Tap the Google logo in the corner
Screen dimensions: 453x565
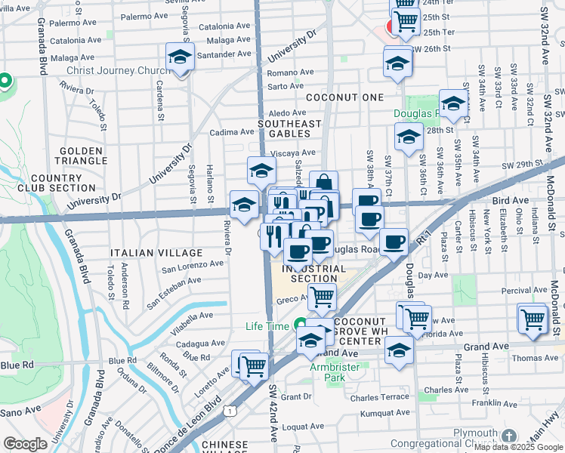[x=25, y=443]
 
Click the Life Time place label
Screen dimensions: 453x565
[x=267, y=326]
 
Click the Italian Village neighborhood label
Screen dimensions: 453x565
[x=156, y=253]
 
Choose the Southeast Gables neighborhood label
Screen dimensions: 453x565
[x=289, y=128]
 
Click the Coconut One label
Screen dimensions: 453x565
[x=344, y=97]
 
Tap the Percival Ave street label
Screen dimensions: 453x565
[x=525, y=290]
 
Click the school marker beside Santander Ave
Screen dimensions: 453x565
[x=181, y=57]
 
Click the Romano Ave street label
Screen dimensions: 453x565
[x=286, y=72]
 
